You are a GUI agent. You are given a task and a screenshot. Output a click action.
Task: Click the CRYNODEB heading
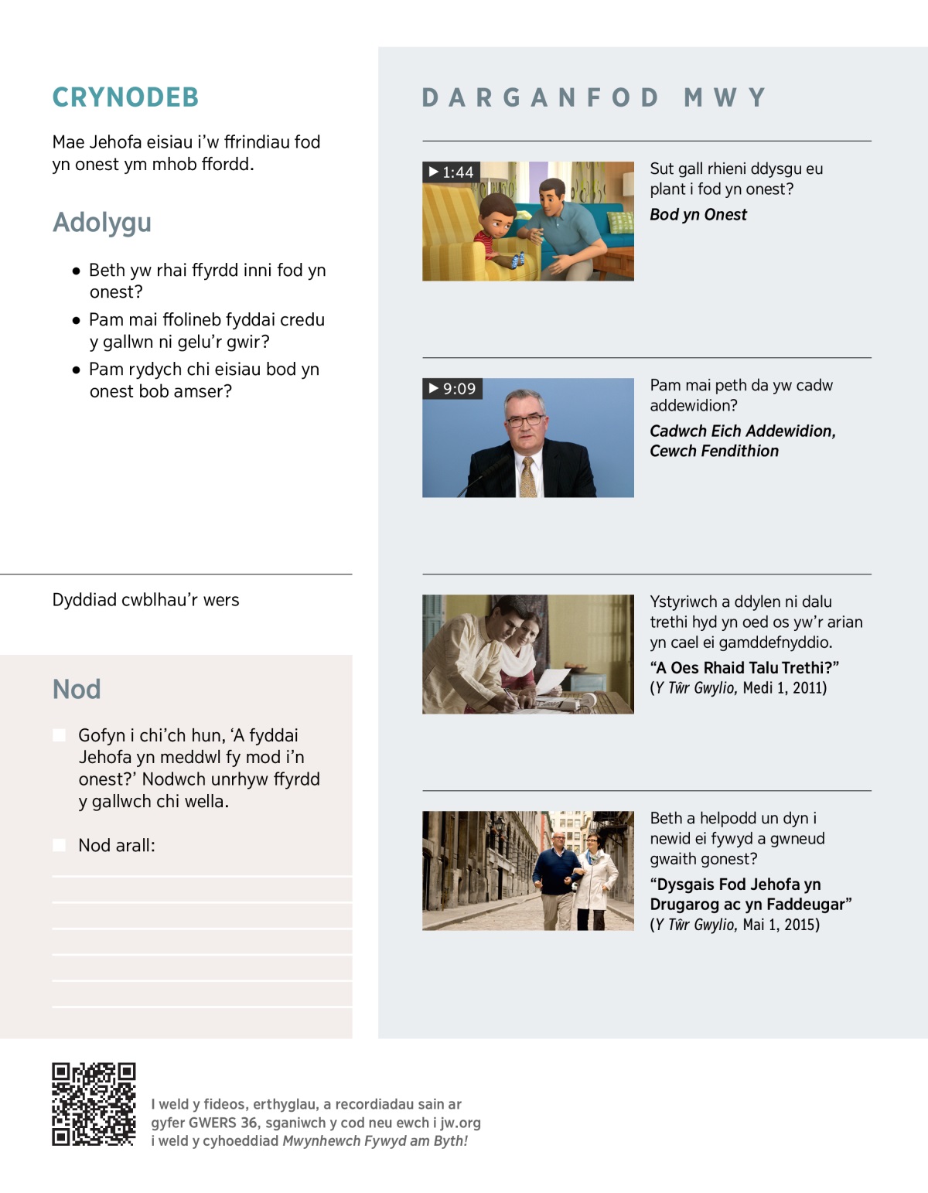click(x=125, y=97)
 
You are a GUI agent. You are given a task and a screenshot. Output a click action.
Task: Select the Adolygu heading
click(x=102, y=223)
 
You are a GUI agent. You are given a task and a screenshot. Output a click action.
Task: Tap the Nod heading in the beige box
click(x=77, y=689)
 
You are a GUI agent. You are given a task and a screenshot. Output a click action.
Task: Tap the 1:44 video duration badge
click(x=452, y=172)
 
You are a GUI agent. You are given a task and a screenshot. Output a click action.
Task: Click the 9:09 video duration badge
click(x=452, y=388)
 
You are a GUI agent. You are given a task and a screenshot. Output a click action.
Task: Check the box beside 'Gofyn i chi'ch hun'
click(x=60, y=735)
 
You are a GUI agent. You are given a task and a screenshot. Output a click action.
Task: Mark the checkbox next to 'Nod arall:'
click(x=60, y=845)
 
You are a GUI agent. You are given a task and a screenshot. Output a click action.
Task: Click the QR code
click(x=94, y=1103)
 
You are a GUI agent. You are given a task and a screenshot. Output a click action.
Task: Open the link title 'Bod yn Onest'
click(x=698, y=215)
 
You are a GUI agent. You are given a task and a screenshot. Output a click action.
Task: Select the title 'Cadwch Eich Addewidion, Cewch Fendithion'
click(x=742, y=441)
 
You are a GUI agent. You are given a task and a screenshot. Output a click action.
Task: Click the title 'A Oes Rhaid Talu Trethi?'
click(x=744, y=668)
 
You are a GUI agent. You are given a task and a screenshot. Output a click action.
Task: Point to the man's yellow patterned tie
click(x=528, y=475)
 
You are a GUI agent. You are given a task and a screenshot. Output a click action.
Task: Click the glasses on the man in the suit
click(x=525, y=420)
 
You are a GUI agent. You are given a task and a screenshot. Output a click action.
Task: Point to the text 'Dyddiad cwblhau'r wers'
click(x=145, y=600)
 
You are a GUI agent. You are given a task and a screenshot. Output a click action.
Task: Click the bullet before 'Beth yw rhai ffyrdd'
click(x=76, y=271)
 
